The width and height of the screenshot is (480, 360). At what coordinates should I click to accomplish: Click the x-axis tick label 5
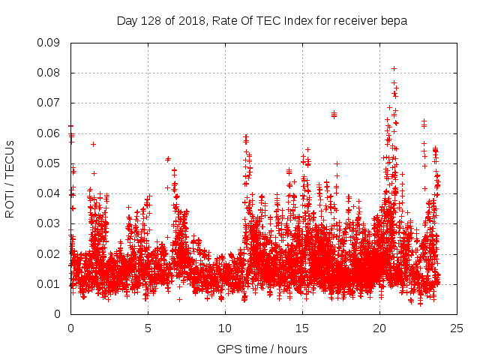(x=148, y=328)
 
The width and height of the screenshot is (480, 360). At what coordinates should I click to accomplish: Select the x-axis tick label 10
(x=225, y=328)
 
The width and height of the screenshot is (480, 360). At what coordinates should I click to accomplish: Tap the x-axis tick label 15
(x=302, y=328)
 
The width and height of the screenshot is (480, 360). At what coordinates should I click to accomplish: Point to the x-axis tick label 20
(x=379, y=328)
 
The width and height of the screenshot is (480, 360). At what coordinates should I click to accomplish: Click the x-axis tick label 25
(x=457, y=328)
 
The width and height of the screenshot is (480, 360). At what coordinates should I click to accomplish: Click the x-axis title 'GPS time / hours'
(x=262, y=349)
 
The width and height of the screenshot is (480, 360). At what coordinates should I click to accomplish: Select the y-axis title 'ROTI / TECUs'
(x=10, y=178)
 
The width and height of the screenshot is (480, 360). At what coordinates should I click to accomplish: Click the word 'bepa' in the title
(x=394, y=20)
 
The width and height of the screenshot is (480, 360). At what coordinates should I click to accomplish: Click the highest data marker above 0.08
(x=394, y=68)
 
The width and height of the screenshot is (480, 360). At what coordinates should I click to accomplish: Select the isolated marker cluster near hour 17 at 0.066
(x=334, y=115)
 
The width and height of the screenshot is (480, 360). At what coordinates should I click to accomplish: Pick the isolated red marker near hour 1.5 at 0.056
(x=93, y=144)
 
